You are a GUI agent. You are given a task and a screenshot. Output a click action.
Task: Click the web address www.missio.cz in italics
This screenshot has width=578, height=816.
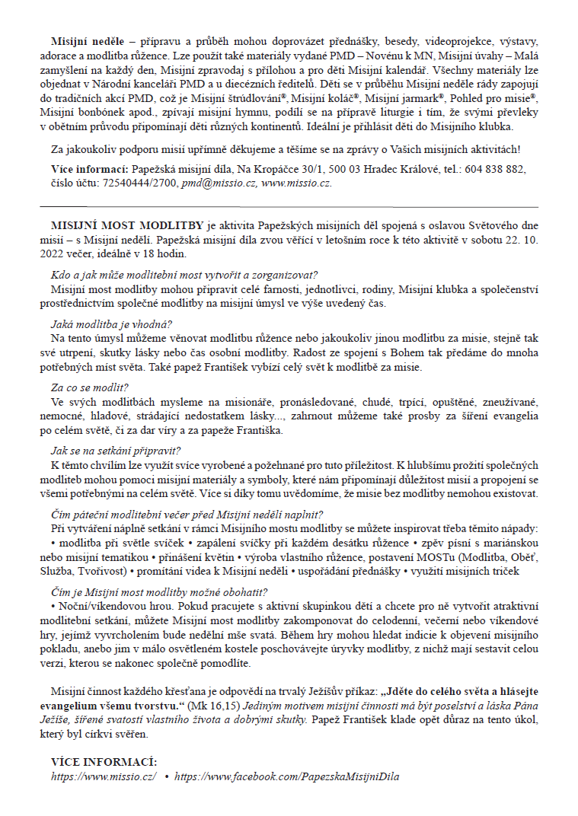295,183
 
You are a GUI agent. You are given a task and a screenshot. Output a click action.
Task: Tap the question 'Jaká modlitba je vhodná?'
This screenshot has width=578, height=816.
111,323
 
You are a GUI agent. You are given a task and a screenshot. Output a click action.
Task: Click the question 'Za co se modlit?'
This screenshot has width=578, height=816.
90,387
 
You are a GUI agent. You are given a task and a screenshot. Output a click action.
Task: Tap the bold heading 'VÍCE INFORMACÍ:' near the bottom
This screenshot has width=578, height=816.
104,762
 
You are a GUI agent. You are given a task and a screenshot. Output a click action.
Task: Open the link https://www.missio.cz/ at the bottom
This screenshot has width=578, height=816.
104,776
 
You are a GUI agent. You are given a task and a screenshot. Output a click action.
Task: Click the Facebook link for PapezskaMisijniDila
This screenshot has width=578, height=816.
286,776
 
